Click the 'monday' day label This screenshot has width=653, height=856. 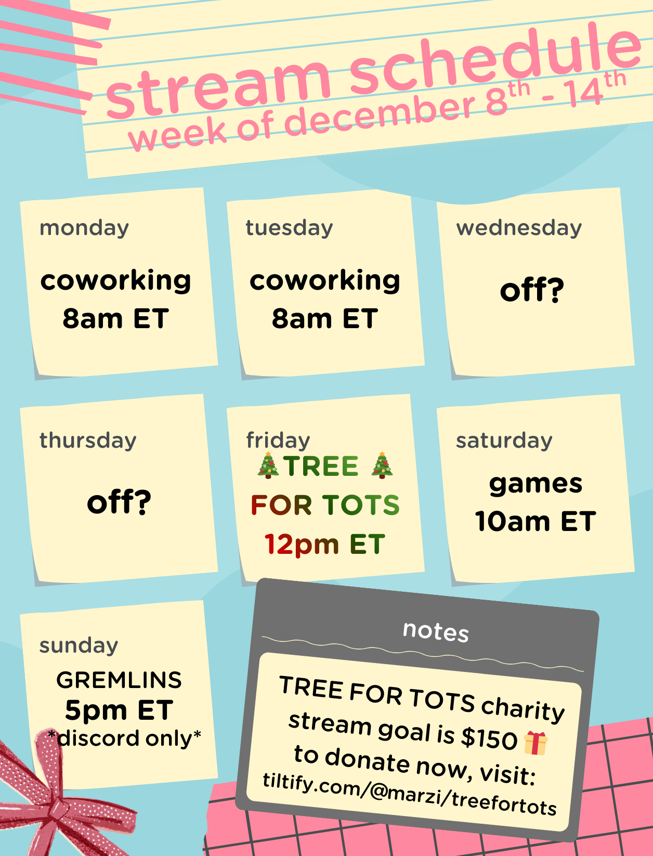pos(84,228)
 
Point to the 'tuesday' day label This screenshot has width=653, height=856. pos(289,228)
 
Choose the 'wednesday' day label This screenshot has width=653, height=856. pos(519,228)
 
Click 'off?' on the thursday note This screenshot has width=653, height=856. pos(119,502)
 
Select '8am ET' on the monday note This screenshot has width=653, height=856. pos(116,318)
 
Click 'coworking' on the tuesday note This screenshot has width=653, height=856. pos(325,281)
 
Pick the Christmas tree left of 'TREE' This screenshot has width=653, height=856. pos(268,465)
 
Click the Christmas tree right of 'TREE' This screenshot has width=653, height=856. pos(382,465)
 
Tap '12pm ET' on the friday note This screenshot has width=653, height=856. pos(325,544)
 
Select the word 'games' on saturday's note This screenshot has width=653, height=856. pos(536,484)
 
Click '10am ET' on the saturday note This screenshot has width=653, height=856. pos(536,521)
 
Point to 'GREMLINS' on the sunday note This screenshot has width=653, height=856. pos(119,680)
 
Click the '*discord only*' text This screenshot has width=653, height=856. pos(124,738)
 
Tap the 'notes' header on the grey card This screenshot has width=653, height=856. pos(436,631)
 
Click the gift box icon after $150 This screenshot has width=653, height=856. pos(536,743)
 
